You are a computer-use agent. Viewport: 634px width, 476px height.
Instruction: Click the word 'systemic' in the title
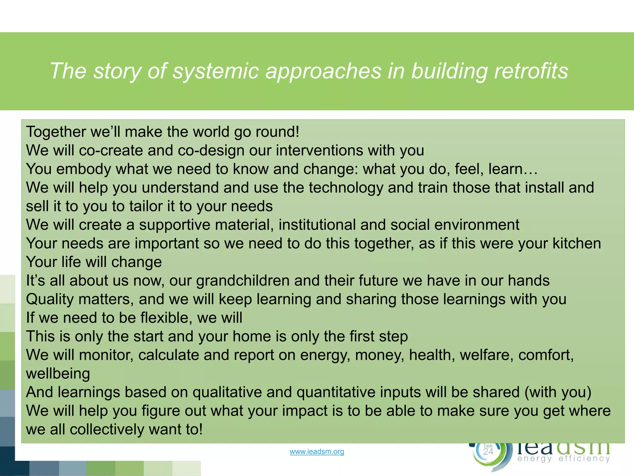click(x=216, y=71)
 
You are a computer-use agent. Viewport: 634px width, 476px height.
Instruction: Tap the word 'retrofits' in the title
click(x=531, y=71)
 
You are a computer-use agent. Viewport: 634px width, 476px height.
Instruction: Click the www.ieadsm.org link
click(x=317, y=452)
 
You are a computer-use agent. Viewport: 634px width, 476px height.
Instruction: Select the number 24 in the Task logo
click(x=488, y=452)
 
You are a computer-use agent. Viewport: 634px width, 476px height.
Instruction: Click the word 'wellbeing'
click(x=58, y=374)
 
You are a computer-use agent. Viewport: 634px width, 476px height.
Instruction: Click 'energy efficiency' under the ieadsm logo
click(x=563, y=458)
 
